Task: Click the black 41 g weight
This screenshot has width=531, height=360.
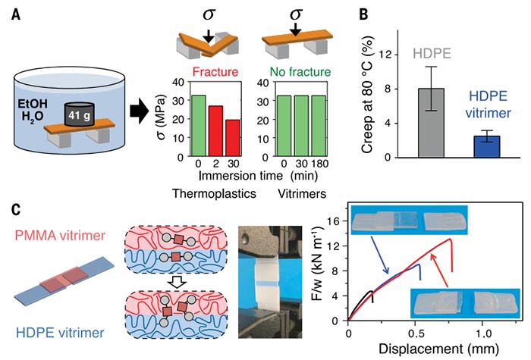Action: click(x=79, y=114)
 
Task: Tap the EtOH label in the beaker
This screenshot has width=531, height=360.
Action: click(x=33, y=104)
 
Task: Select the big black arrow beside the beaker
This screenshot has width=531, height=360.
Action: click(x=139, y=112)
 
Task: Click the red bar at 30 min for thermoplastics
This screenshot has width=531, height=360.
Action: click(x=233, y=138)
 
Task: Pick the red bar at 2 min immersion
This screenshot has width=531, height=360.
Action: click(x=215, y=131)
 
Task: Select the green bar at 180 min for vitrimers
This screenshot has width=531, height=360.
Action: click(x=319, y=127)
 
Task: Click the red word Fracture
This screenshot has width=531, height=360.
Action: click(x=215, y=72)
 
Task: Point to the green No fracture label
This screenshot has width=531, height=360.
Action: click(x=300, y=72)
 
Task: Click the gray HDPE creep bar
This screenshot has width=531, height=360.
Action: click(x=431, y=123)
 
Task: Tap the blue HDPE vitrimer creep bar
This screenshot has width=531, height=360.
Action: click(x=487, y=147)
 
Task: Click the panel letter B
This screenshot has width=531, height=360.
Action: click(x=363, y=14)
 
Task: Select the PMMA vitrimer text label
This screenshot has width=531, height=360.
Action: click(x=60, y=236)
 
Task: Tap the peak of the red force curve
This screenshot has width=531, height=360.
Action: click(x=451, y=239)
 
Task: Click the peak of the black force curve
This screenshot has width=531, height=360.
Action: click(x=372, y=291)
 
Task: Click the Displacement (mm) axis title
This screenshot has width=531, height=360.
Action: click(x=438, y=349)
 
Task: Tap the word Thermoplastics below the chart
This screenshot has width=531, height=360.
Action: click(x=214, y=193)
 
